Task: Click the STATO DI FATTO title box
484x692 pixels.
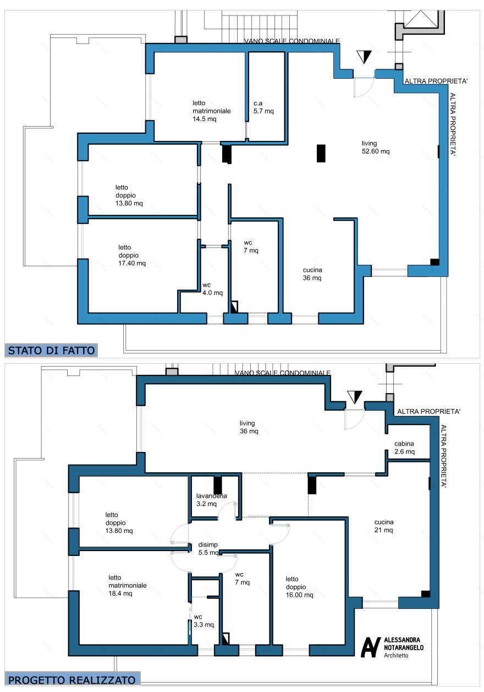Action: (51, 350)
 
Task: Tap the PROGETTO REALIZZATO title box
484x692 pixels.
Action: (72, 680)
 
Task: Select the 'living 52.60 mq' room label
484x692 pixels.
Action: (375, 148)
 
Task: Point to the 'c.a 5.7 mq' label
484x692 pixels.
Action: (263, 107)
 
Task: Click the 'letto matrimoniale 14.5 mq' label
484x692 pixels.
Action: (211, 111)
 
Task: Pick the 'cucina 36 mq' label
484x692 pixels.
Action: (312, 274)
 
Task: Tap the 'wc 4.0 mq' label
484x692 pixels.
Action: (212, 289)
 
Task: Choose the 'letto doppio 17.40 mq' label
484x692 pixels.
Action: (132, 255)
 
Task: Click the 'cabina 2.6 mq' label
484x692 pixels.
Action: (404, 448)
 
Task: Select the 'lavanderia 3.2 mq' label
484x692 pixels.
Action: (211, 500)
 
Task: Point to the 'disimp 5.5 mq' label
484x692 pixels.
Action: (208, 549)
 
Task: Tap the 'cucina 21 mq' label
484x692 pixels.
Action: (384, 526)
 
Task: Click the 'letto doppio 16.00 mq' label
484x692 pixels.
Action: (299, 587)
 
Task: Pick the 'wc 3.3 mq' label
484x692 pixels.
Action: (204, 621)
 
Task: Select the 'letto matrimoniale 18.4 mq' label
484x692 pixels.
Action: (127, 585)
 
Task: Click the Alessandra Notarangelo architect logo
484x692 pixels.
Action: (392, 647)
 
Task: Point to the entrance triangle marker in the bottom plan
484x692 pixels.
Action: (354, 397)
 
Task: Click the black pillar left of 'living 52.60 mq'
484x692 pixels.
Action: (321, 153)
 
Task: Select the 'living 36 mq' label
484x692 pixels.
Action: (249, 427)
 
